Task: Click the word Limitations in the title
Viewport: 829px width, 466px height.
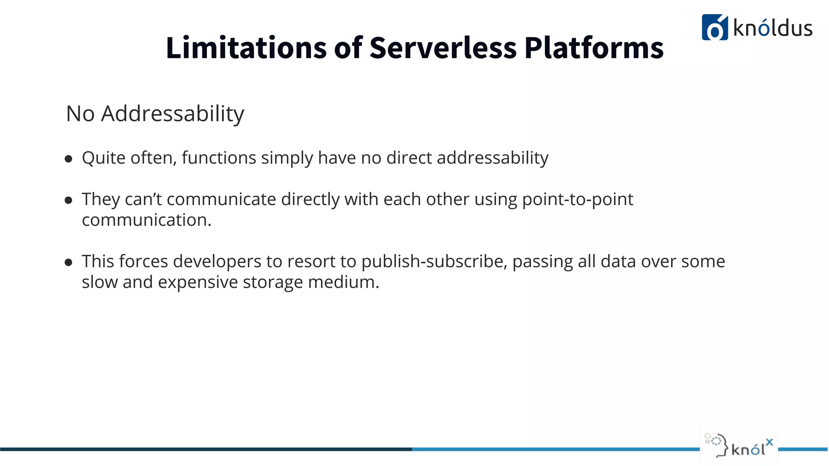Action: click(246, 48)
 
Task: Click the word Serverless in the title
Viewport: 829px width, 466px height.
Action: click(443, 48)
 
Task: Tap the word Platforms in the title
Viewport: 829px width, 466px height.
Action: click(594, 48)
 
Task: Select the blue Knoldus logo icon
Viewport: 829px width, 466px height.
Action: click(714, 28)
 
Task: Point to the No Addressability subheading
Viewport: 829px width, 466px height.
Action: click(155, 113)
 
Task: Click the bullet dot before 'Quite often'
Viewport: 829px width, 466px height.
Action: click(68, 159)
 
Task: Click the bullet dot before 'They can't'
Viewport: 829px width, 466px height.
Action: click(68, 200)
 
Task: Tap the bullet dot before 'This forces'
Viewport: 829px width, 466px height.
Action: click(68, 262)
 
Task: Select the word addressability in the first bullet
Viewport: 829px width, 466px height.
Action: click(493, 158)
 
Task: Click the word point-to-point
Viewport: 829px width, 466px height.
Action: click(577, 199)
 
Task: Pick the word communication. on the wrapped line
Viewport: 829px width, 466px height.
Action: click(147, 220)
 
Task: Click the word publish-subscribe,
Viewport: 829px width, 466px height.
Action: click(434, 261)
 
